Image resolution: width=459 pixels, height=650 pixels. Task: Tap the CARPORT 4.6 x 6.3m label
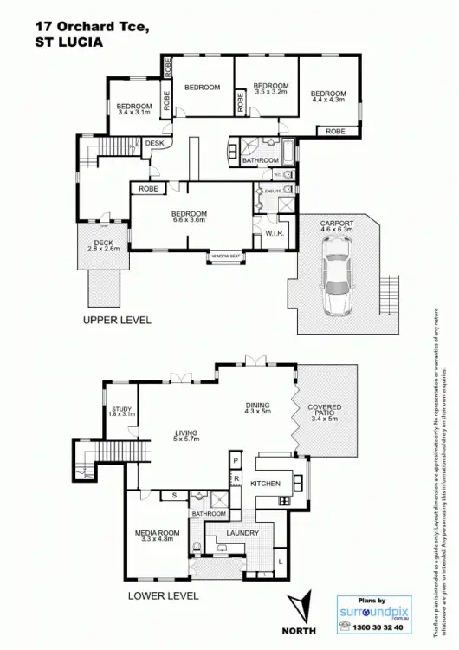pyautogui.click(x=336, y=227)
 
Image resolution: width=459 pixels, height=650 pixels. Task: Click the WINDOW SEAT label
pyautogui.click(x=224, y=257)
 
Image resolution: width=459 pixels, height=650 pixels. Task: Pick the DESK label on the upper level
pyautogui.click(x=154, y=143)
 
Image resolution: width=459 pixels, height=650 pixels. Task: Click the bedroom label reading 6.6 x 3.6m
pyautogui.click(x=188, y=218)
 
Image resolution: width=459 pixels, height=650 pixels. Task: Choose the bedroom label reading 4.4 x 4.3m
pyautogui.click(x=328, y=97)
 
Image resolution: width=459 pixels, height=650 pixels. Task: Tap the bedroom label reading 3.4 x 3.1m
pyautogui.click(x=133, y=109)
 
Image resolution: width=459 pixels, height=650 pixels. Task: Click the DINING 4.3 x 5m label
pyautogui.click(x=258, y=408)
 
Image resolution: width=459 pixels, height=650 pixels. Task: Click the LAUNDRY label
pyautogui.click(x=242, y=534)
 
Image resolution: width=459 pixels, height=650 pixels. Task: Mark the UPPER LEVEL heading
pyautogui.click(x=117, y=320)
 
